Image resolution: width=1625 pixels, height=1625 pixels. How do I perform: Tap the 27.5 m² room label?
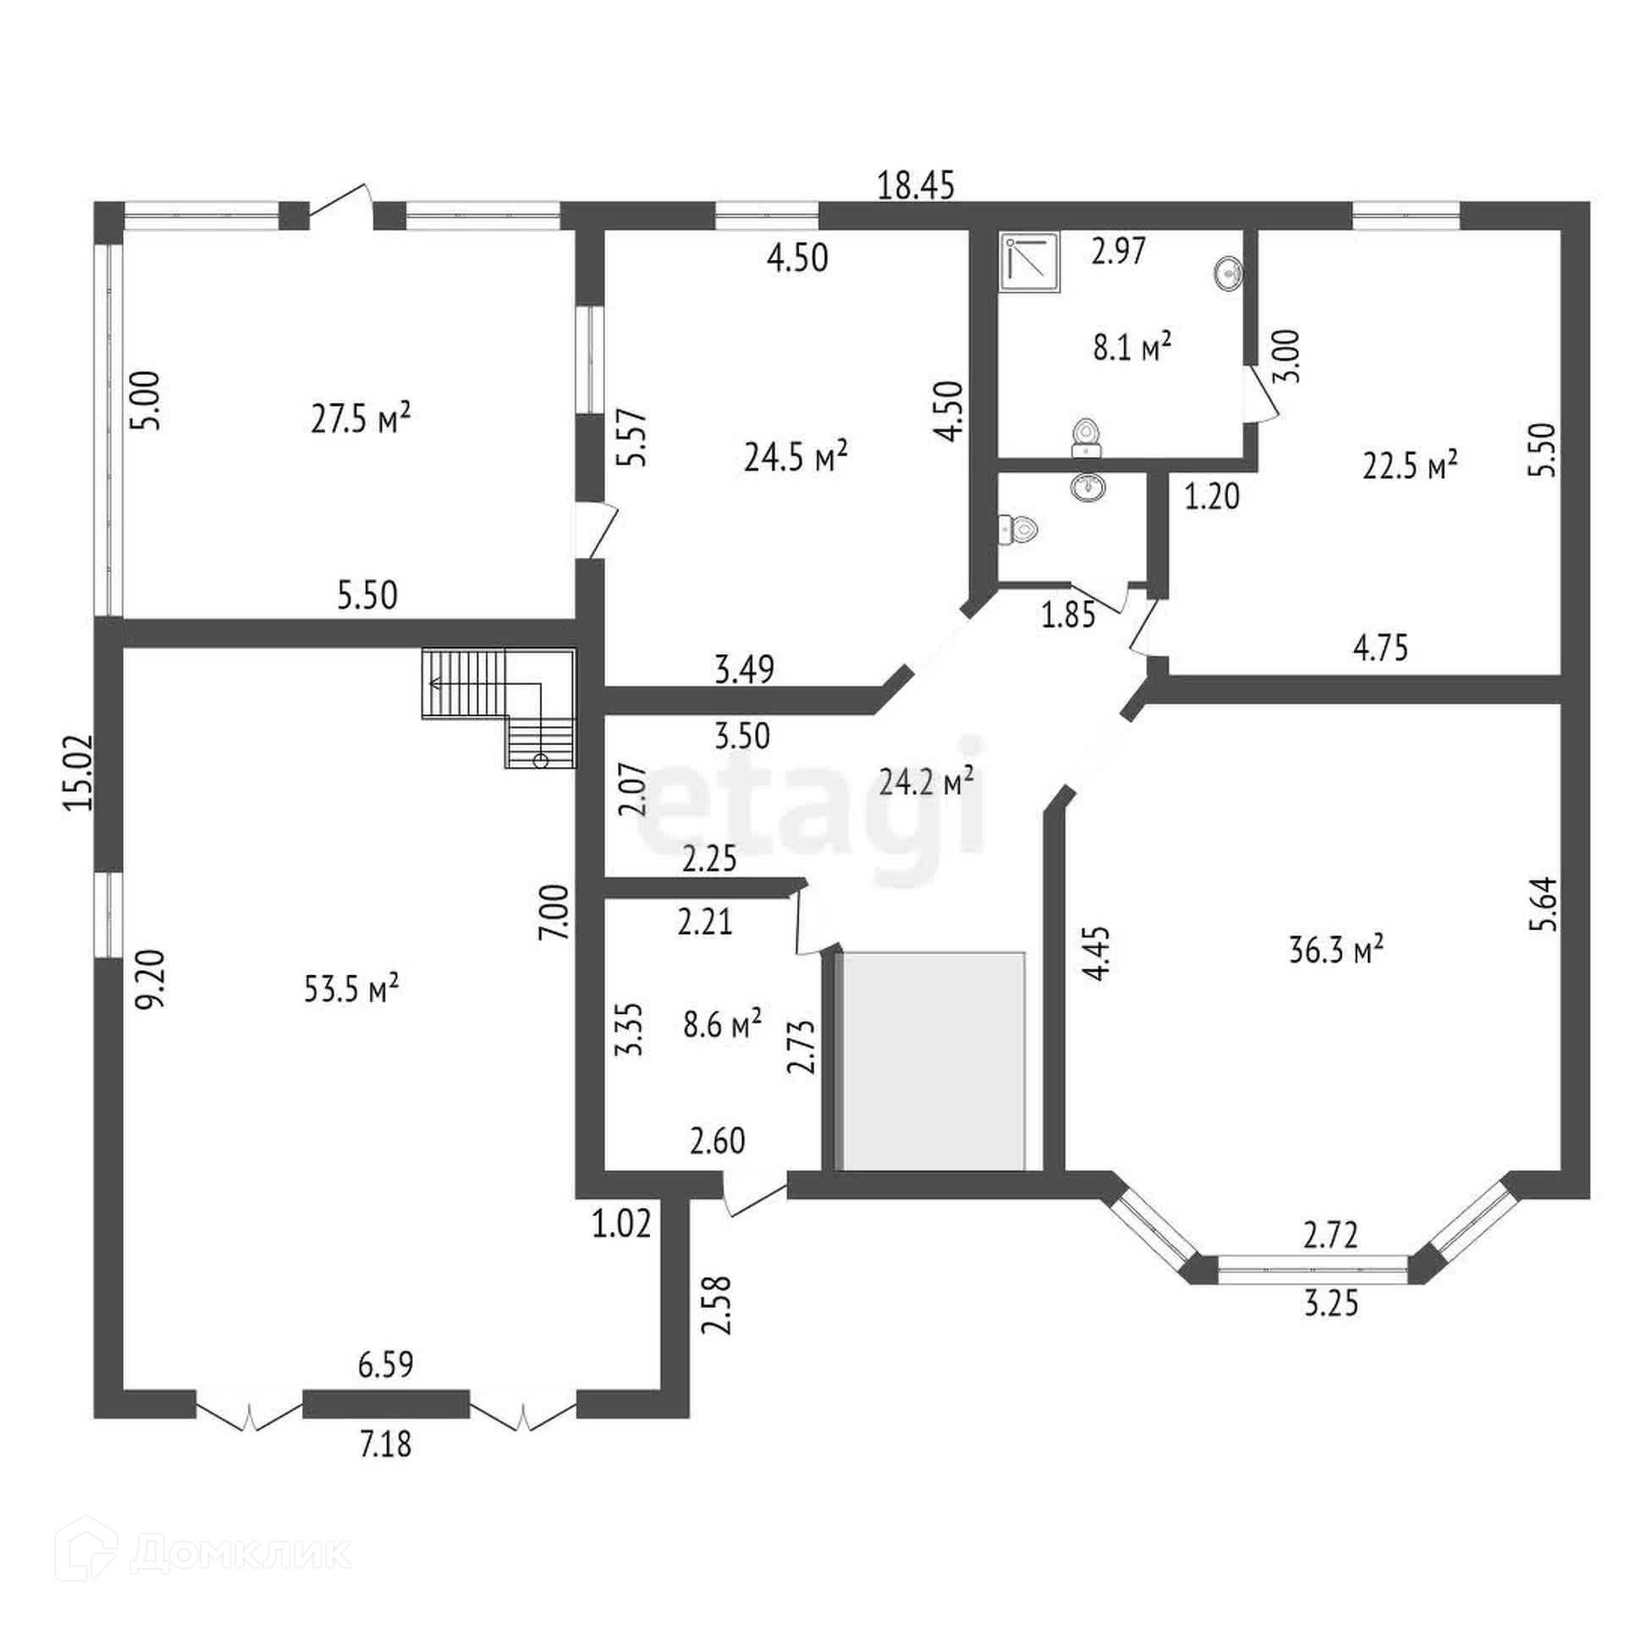click(x=361, y=418)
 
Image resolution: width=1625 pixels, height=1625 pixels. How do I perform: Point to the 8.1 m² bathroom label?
click(x=1132, y=347)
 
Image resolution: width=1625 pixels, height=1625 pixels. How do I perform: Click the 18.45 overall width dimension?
click(x=916, y=185)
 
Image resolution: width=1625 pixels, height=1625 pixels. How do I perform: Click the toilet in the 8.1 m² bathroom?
click(x=1084, y=438)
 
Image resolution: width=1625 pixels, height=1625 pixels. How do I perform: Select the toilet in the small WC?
click(x=1018, y=530)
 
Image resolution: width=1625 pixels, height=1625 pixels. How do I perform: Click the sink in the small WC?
click(x=1088, y=487)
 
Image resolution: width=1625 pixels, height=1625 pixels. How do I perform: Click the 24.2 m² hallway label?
click(x=926, y=782)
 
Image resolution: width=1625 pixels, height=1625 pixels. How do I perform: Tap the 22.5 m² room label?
click(x=1409, y=465)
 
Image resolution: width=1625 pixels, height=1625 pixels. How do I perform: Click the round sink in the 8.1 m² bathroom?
click(x=1226, y=273)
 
